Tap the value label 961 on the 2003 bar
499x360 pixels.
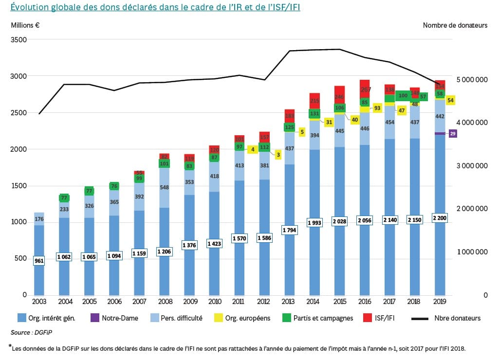click(39, 261)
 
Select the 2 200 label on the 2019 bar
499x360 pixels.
click(440, 218)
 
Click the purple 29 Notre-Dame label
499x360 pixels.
click(453, 133)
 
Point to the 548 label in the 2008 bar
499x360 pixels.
click(165, 187)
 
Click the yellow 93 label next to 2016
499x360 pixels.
click(377, 108)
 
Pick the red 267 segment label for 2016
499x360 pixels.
click(365, 90)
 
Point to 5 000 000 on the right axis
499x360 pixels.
click(472, 79)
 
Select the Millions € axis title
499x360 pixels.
click(26, 25)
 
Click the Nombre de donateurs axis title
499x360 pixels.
click(455, 25)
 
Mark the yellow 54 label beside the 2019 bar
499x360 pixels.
click(450, 100)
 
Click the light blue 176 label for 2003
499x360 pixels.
click(39, 218)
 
